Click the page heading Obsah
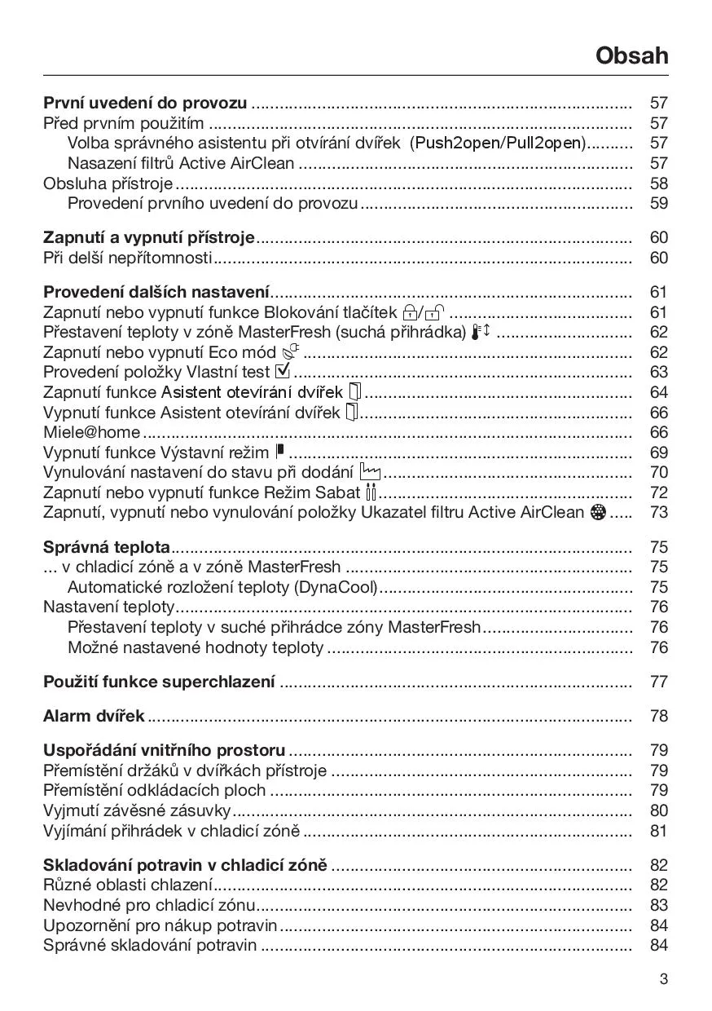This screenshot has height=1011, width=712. tap(631, 55)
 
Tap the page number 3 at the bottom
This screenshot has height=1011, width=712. tap(663, 979)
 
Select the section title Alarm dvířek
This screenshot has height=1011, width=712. tap(94, 716)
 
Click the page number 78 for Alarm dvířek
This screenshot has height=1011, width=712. tap(658, 716)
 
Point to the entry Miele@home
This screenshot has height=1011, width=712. tap(91, 432)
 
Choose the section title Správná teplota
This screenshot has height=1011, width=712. tap(106, 547)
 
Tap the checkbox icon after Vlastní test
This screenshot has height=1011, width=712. tap(283, 372)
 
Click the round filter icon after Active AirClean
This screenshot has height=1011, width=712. tap(599, 512)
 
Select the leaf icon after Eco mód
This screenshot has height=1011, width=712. tap(291, 352)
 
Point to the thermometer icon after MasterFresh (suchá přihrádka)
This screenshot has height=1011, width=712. tap(480, 332)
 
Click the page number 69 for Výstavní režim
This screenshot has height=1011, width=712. tap(658, 453)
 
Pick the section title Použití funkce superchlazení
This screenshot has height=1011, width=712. tap(159, 682)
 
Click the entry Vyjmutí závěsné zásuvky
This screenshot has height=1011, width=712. tap(137, 810)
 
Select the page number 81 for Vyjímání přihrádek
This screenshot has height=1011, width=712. tap(658, 831)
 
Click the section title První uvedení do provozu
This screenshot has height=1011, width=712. tap(145, 104)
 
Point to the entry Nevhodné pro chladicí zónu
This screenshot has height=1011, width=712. tap(149, 905)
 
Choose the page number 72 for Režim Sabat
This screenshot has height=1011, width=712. tap(658, 492)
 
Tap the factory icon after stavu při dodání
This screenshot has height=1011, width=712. tap(369, 472)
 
